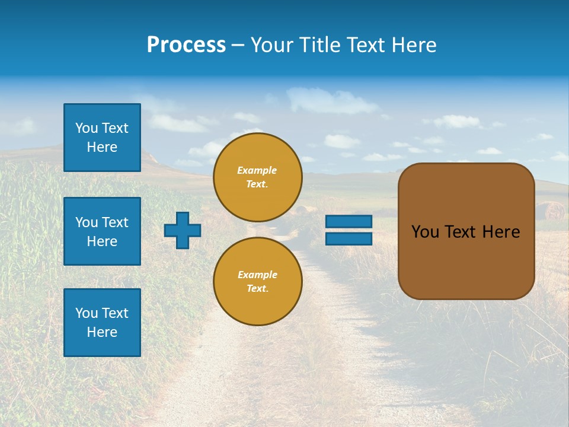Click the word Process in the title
pos(186,45)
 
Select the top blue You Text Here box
pos(102,138)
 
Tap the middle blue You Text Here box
pos(102,231)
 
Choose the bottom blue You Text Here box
pos(102,323)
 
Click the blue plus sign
pos(183,230)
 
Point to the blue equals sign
pos(349,230)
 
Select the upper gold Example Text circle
pos(257,177)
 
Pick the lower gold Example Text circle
pos(257,282)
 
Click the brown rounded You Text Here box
pos(466,231)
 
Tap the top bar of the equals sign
pos(349,222)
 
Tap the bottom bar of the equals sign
pos(349,238)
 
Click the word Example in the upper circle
pos(257,171)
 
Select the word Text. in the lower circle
pos(257,289)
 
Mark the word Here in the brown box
pos(501,232)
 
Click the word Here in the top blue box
pos(102,147)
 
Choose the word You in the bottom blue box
pos(86,313)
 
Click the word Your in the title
pos(270,45)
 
